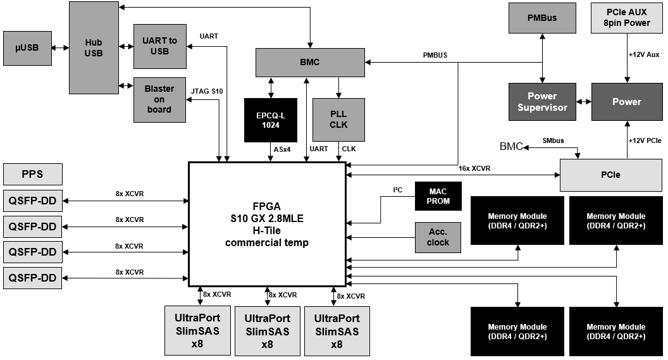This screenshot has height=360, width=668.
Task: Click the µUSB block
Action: coord(27,48)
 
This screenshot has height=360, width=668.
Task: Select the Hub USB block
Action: coord(94,47)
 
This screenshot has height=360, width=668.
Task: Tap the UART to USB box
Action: coord(160,46)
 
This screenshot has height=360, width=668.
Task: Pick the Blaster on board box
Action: coord(159,100)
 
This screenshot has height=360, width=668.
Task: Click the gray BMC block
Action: coord(310,62)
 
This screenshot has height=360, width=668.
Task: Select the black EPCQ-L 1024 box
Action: coord(271,120)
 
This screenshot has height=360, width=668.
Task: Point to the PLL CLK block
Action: coord(338,120)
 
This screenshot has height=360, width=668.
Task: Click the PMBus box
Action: coord(542,18)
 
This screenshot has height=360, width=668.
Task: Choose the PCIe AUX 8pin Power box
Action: coord(627,18)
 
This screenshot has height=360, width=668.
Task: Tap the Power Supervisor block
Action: coord(542,102)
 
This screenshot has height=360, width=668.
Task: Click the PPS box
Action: coord(33,174)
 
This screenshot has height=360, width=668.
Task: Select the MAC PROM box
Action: coord(438,196)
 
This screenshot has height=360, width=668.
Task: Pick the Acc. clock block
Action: coord(438,237)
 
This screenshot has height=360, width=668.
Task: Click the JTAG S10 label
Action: coord(207,91)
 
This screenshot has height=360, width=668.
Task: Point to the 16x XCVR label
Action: coord(474,169)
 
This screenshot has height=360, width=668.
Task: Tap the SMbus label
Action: coord(553,140)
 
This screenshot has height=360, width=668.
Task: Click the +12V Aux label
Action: coord(644,54)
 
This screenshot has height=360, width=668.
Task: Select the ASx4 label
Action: coord(282,149)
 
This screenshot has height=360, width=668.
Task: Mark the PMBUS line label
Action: coord(435,56)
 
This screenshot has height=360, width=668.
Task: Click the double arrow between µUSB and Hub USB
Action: coord(61,48)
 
